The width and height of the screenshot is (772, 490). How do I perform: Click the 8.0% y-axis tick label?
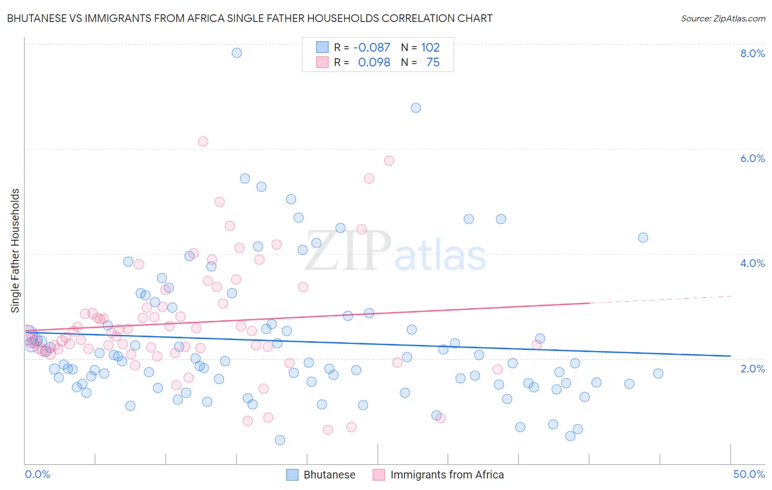(x=752, y=53)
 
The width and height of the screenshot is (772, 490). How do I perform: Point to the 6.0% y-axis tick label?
(x=752, y=158)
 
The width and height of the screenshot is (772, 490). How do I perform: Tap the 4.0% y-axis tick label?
(x=752, y=263)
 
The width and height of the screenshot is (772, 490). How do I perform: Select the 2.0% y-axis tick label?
(x=752, y=369)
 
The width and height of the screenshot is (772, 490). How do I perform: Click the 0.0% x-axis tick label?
(x=37, y=474)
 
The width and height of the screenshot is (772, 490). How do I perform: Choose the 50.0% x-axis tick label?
(x=749, y=474)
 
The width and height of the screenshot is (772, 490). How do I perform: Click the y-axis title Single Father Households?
(x=15, y=250)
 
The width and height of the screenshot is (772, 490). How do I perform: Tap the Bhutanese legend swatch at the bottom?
(x=293, y=475)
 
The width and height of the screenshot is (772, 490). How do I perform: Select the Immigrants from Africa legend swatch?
(x=379, y=475)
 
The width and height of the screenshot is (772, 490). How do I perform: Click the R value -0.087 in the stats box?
(x=372, y=47)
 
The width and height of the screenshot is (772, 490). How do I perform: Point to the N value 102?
(x=430, y=47)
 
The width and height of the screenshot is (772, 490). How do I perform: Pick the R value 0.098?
(x=374, y=62)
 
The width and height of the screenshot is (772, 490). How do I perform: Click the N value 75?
(x=433, y=62)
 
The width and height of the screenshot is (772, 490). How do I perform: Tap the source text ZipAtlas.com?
(x=723, y=18)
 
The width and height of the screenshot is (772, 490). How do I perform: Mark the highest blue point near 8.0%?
(x=237, y=53)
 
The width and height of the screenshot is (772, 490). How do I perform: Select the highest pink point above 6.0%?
(x=203, y=141)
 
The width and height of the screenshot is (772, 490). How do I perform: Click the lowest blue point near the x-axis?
(x=280, y=440)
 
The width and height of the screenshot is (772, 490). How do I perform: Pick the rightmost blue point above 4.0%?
(x=643, y=237)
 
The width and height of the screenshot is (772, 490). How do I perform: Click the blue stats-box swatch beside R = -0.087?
(x=322, y=47)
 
